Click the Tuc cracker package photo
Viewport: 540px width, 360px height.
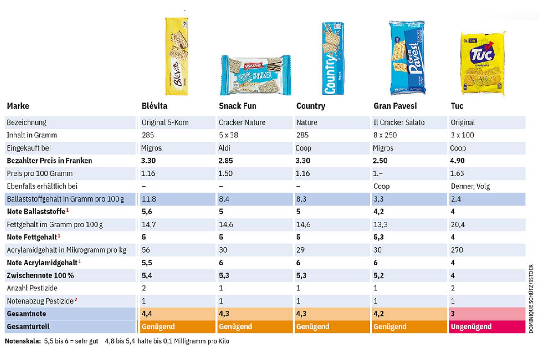(x=483, y=64)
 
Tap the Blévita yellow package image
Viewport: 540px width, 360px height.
(x=176, y=57)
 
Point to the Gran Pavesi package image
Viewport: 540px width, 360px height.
(x=407, y=58)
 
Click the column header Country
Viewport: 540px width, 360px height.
(x=310, y=106)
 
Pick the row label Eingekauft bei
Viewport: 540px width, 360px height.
(x=29, y=148)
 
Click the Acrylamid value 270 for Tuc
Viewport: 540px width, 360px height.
(x=457, y=250)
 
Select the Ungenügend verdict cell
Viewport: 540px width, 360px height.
(x=471, y=327)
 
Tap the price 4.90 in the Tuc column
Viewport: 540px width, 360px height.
(x=457, y=161)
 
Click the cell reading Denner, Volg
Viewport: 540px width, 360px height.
(x=470, y=186)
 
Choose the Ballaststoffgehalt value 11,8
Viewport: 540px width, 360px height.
(x=149, y=199)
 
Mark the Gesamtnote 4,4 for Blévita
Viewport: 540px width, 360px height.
(x=147, y=314)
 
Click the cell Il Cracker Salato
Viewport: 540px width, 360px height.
(x=399, y=122)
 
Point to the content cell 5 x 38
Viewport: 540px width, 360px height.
(x=228, y=135)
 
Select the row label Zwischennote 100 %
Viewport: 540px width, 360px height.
(x=40, y=275)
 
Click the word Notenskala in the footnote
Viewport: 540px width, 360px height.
(x=23, y=341)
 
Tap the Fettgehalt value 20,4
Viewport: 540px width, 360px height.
(x=458, y=225)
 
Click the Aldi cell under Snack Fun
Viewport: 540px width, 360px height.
(x=224, y=148)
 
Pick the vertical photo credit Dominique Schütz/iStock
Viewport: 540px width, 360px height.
(x=531, y=299)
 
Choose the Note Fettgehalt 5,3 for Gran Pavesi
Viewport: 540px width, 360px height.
(x=378, y=237)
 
